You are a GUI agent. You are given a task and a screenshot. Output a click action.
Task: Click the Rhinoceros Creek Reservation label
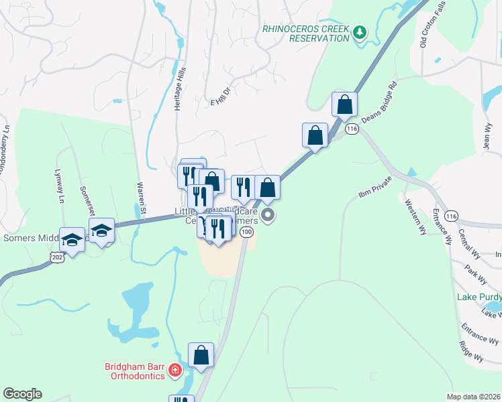(x=306, y=33)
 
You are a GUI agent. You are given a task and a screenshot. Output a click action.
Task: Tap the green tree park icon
(x=360, y=32)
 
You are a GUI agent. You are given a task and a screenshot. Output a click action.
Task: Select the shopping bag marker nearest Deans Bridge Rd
(x=344, y=105)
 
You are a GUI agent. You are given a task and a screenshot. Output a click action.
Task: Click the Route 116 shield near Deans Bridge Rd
(x=352, y=127)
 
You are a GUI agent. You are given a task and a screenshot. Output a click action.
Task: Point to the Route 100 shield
(x=247, y=232)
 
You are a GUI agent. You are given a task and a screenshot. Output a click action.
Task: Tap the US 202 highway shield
(x=58, y=257)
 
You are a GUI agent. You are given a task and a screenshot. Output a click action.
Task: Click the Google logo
(x=22, y=394)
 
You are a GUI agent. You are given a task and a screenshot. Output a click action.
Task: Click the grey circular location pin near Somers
(x=268, y=215)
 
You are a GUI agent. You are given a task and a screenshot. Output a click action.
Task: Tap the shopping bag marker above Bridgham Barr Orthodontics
(x=201, y=356)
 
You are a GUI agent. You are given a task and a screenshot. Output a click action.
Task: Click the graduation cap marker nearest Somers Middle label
(x=72, y=240)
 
